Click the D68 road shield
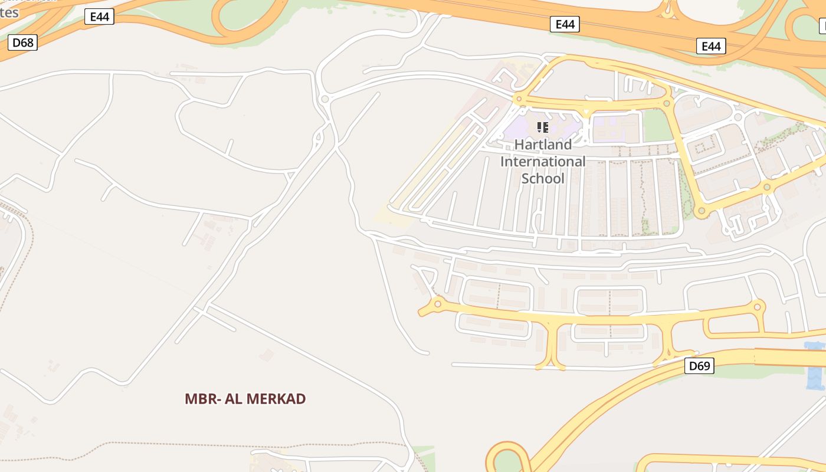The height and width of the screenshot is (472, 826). (x=23, y=42)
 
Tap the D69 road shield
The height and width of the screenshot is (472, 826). (x=699, y=366)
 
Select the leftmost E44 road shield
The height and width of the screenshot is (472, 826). (x=99, y=17)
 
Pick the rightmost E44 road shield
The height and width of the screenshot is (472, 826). (x=710, y=46)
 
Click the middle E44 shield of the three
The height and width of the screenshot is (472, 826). (x=565, y=24)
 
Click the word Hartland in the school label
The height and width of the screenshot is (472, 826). (x=543, y=145)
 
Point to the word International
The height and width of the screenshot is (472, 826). (x=543, y=161)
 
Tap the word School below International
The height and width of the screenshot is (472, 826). (x=543, y=178)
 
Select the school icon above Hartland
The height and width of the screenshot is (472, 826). (x=543, y=127)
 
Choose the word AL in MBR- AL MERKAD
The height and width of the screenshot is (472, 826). (x=231, y=399)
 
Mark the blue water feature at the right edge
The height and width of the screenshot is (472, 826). (x=816, y=366)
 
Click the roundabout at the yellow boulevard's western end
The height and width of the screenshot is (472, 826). (x=437, y=304)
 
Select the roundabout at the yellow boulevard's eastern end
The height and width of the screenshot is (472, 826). (x=758, y=307)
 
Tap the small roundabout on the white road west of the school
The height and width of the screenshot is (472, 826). (x=324, y=99)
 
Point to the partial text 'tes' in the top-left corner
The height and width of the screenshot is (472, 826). (x=9, y=12)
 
